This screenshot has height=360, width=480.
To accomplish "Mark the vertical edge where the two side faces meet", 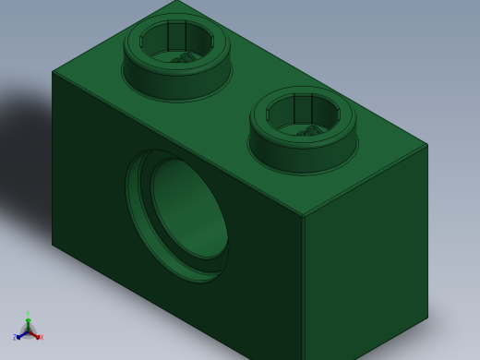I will click(304, 286).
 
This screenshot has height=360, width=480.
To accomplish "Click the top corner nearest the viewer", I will click(304, 217).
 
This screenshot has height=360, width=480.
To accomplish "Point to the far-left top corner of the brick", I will click(53, 71).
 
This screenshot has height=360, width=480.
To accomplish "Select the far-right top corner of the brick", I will click(427, 144).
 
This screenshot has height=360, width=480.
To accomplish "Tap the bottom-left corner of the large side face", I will click(53, 244).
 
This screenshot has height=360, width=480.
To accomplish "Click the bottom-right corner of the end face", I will click(427, 318).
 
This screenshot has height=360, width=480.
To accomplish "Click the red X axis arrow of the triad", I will click(39, 337).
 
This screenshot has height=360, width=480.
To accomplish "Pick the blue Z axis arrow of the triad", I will click(18, 337).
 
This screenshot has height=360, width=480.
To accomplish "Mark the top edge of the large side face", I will click(175, 143).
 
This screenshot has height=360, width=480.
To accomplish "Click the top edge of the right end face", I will click(366, 180).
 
